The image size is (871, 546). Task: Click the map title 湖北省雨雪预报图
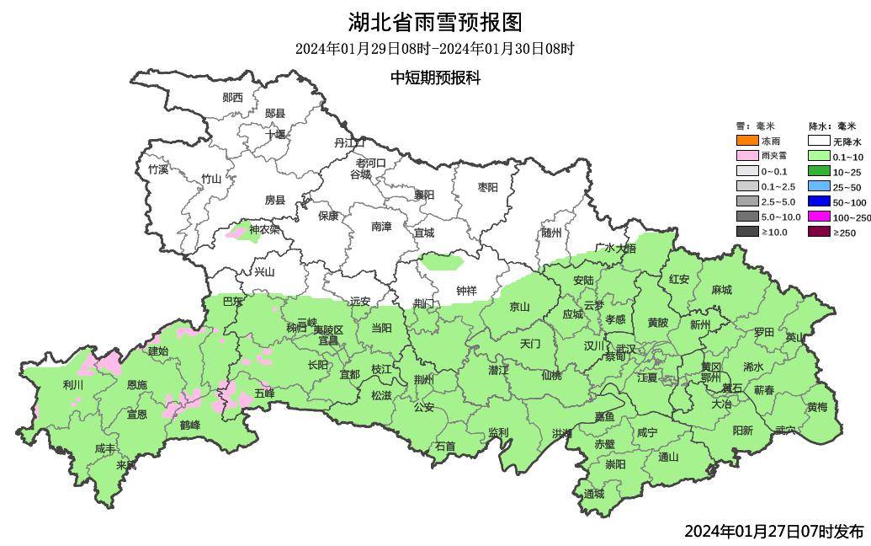click(x=435, y=21)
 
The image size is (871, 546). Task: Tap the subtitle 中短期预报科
click(x=435, y=78)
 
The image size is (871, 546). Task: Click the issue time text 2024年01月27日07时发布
click(x=773, y=531)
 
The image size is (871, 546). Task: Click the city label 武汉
click(x=626, y=348)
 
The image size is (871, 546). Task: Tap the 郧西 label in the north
click(x=232, y=98)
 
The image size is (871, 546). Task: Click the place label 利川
click(x=73, y=385)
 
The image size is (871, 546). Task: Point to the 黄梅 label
click(x=816, y=407)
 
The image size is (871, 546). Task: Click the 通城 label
click(x=593, y=494)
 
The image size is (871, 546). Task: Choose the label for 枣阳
click(x=488, y=187)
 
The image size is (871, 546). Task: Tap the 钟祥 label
click(x=466, y=291)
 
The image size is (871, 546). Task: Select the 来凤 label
click(x=125, y=464)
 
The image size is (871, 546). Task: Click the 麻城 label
click(x=721, y=290)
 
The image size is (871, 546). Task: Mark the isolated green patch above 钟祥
click(x=442, y=261)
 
